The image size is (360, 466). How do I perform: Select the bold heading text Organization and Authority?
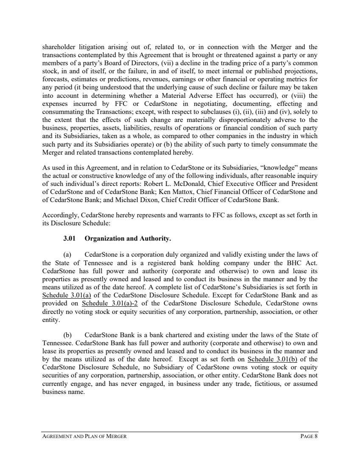pyautogui.click(x=128, y=239)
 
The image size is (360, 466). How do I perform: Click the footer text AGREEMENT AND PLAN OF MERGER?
pyautogui.click(x=84, y=436)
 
